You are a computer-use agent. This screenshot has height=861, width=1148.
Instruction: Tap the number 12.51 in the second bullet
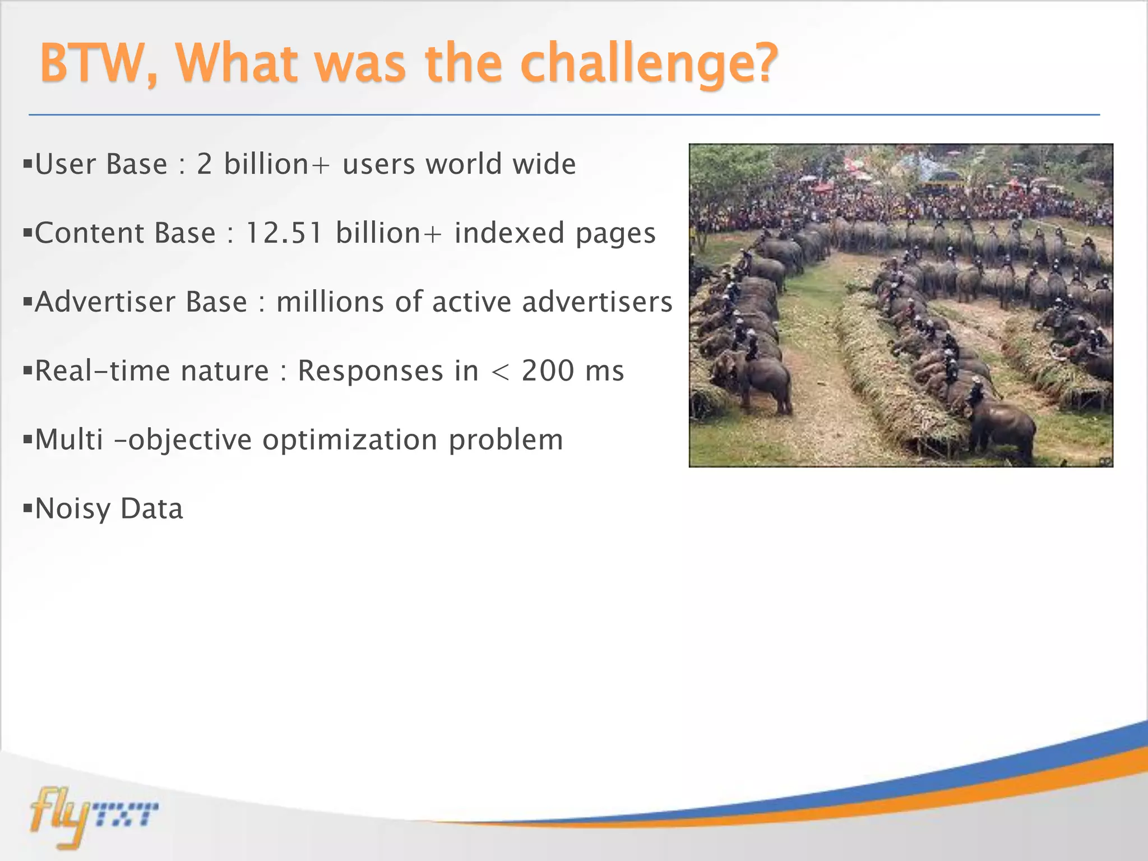284,233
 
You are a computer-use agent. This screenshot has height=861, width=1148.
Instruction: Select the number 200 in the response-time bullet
548,371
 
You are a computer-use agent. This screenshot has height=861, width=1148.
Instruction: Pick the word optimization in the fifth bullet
350,439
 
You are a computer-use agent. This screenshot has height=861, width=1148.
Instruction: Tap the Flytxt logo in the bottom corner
92,816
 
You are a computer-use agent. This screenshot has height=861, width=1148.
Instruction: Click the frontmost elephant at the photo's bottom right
1003,429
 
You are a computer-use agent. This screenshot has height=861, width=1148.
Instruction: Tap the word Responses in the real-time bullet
371,371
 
